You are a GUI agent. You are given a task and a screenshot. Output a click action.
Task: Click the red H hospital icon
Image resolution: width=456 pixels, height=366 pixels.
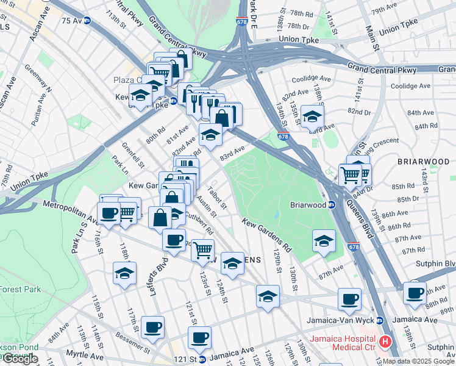coord(385,342)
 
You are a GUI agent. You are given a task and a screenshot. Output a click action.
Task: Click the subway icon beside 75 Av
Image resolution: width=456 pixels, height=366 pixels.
coord(87,20)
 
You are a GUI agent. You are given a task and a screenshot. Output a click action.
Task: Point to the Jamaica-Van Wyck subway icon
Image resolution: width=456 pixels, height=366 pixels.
coord(380,320)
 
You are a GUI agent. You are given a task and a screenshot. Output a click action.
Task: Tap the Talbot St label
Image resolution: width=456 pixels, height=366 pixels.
coord(217,196)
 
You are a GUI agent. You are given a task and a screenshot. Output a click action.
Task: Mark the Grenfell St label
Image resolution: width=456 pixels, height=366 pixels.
coord(132,155)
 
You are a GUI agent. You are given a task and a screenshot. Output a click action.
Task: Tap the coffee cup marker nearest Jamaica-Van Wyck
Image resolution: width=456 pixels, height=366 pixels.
coord(350,299)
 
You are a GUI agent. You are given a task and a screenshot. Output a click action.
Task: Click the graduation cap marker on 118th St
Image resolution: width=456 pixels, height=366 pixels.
coord(124,273)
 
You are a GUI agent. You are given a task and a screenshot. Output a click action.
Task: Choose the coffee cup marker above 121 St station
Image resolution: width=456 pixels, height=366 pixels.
coord(199,337)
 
